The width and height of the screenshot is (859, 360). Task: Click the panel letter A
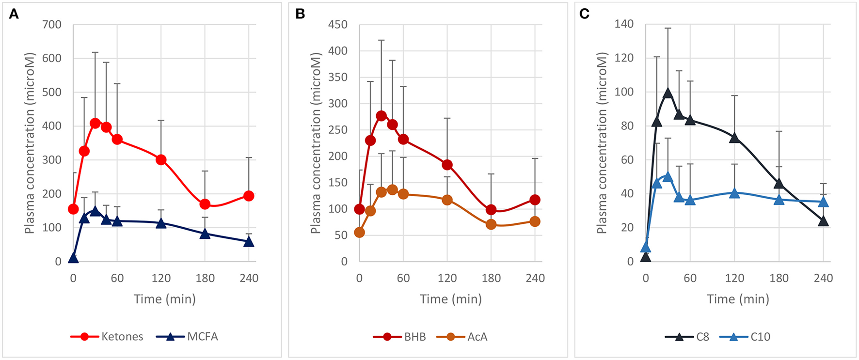point(14,14)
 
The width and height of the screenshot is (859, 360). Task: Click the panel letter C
point(585,14)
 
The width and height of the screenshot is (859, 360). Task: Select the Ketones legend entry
point(107,337)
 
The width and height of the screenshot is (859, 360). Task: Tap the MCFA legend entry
point(188,337)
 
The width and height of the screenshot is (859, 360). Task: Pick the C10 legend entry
point(745,337)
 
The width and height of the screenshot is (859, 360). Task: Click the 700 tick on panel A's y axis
point(52,24)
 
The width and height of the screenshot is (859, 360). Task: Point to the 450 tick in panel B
point(338,24)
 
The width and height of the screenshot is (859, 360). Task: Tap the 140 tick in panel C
point(624,24)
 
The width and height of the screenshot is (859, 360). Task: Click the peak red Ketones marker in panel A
point(95,124)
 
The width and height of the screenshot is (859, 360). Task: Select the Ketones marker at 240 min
point(249,196)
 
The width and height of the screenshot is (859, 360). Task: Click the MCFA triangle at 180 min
point(205,234)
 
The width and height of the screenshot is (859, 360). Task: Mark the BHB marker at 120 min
point(447,165)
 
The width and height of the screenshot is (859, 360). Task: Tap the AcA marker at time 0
point(359,233)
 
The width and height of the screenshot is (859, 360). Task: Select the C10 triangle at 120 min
point(734,193)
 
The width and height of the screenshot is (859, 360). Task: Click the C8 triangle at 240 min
point(823,221)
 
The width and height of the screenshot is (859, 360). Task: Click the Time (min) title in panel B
point(451,299)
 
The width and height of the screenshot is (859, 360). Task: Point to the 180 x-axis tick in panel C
point(779,278)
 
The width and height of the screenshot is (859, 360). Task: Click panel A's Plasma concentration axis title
point(30,143)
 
